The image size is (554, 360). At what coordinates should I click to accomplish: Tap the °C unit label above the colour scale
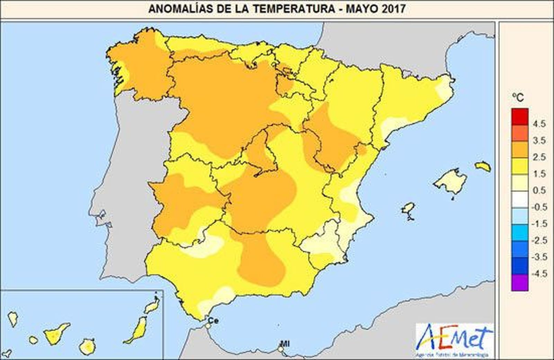coord(518,98)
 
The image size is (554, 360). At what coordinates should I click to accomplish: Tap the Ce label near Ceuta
coord(213,321)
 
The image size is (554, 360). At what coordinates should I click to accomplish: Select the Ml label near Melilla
coord(285,344)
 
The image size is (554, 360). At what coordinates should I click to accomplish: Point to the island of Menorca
coord(483,167)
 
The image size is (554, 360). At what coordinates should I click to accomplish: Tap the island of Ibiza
coord(409,209)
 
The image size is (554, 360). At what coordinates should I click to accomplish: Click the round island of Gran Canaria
coord(87,346)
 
